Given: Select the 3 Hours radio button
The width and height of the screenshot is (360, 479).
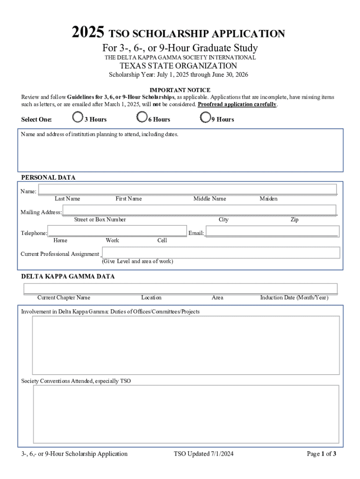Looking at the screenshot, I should pyautogui.click(x=78, y=117).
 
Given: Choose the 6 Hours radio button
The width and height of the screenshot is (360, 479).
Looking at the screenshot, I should pyautogui.click(x=141, y=117).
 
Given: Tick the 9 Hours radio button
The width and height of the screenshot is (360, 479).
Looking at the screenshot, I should pyautogui.click(x=205, y=117).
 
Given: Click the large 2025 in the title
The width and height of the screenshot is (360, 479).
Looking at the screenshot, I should pyautogui.click(x=88, y=33).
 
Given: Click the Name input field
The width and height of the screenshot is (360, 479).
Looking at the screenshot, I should pyautogui.click(x=187, y=189).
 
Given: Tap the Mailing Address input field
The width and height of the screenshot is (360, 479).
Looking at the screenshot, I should pyautogui.click(x=199, y=210).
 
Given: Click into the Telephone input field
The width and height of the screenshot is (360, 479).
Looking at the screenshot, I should pyautogui.click(x=117, y=231).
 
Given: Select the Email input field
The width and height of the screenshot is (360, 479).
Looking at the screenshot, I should pyautogui.click(x=272, y=231).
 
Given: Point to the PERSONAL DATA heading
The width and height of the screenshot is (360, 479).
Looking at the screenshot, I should pyautogui.click(x=48, y=178).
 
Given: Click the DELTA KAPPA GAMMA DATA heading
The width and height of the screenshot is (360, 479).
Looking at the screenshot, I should pyautogui.click(x=68, y=276).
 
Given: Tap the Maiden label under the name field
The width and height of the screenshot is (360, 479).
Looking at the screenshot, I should pyautogui.click(x=268, y=199).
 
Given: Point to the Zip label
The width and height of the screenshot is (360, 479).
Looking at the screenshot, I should pyautogui.click(x=295, y=220).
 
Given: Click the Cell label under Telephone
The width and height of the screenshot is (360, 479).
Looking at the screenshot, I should pyautogui.click(x=162, y=240).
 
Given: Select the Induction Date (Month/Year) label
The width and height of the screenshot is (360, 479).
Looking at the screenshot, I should pyautogui.click(x=294, y=298).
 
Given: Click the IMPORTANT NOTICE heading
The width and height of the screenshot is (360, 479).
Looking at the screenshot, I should pyautogui.click(x=180, y=90).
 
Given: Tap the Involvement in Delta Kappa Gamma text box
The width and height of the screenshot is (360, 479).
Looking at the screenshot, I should pyautogui.click(x=186, y=345).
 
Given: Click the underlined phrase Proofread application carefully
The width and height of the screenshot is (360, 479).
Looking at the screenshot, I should pyautogui.click(x=238, y=104).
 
